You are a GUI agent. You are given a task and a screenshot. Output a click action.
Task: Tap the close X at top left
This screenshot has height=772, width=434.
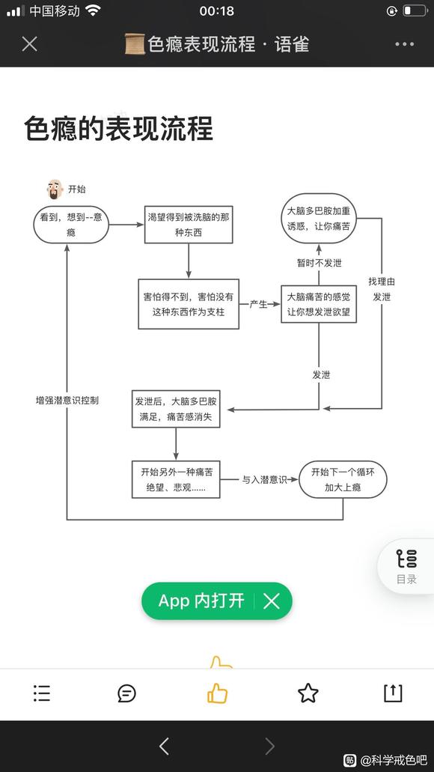(x=29, y=43)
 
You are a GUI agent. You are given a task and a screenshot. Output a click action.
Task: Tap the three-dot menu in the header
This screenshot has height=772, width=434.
(x=404, y=44)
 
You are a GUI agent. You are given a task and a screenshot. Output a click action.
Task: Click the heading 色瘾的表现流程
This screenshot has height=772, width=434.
(x=118, y=128)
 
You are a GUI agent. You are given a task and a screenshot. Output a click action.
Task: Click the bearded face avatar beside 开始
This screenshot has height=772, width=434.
(x=55, y=189)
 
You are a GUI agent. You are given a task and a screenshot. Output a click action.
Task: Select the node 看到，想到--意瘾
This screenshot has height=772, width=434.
(x=71, y=225)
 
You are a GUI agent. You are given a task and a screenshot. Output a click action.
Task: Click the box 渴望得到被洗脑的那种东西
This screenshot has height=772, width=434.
(x=189, y=225)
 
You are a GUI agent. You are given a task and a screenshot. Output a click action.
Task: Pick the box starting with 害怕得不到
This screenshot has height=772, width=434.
(x=188, y=304)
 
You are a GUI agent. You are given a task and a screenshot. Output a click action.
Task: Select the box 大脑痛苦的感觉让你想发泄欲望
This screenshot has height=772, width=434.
(x=318, y=304)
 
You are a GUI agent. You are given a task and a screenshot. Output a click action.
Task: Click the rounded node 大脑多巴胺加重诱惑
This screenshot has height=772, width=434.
(x=318, y=217)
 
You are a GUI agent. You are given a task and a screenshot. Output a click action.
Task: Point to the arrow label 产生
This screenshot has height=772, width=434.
(x=258, y=304)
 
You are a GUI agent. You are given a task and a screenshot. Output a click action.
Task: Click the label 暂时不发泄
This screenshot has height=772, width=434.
(x=319, y=263)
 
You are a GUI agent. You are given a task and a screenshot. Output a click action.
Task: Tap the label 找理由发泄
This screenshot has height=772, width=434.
(x=381, y=289)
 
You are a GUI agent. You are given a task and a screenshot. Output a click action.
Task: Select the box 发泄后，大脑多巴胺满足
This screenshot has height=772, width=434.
(x=176, y=409)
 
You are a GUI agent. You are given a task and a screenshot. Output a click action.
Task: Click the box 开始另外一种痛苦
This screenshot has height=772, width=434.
(x=176, y=479)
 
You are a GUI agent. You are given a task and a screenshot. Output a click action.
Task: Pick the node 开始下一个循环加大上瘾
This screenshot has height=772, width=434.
(x=343, y=479)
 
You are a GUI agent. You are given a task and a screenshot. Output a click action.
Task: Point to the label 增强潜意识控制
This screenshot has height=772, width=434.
(x=67, y=400)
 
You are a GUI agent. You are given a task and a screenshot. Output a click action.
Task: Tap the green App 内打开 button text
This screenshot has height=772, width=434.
(x=201, y=601)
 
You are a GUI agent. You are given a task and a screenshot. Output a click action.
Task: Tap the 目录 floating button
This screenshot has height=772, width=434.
(x=406, y=566)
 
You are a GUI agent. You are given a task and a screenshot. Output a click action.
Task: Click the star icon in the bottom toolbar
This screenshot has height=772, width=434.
(x=308, y=693)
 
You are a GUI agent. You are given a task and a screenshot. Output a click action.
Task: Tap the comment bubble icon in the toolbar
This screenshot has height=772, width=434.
(x=127, y=693)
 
